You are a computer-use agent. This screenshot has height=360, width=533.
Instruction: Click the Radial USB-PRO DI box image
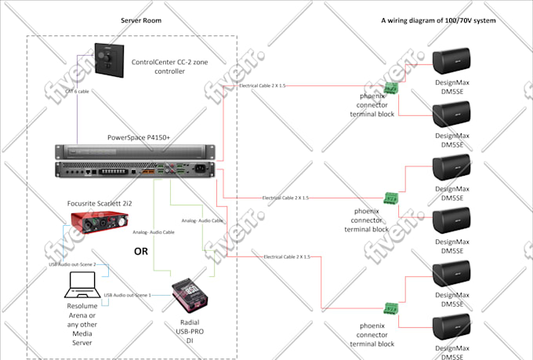click(188, 293)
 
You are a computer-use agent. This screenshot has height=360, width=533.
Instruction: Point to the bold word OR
click(142, 252)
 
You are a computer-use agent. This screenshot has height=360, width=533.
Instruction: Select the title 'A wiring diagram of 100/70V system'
click(438, 20)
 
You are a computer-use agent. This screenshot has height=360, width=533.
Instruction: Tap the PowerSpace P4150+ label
click(139, 138)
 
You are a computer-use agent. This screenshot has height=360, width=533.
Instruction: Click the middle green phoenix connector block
click(390, 198)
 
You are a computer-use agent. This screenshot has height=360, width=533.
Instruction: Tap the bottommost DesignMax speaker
click(452, 331)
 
